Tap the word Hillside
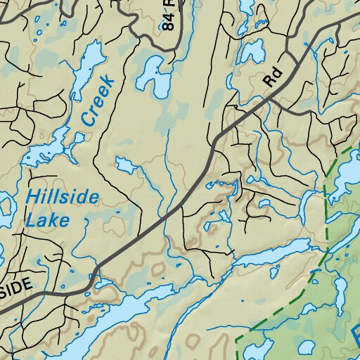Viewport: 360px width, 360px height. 62,197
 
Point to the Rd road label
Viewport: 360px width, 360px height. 271,77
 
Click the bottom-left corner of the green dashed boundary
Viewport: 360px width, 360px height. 237,339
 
